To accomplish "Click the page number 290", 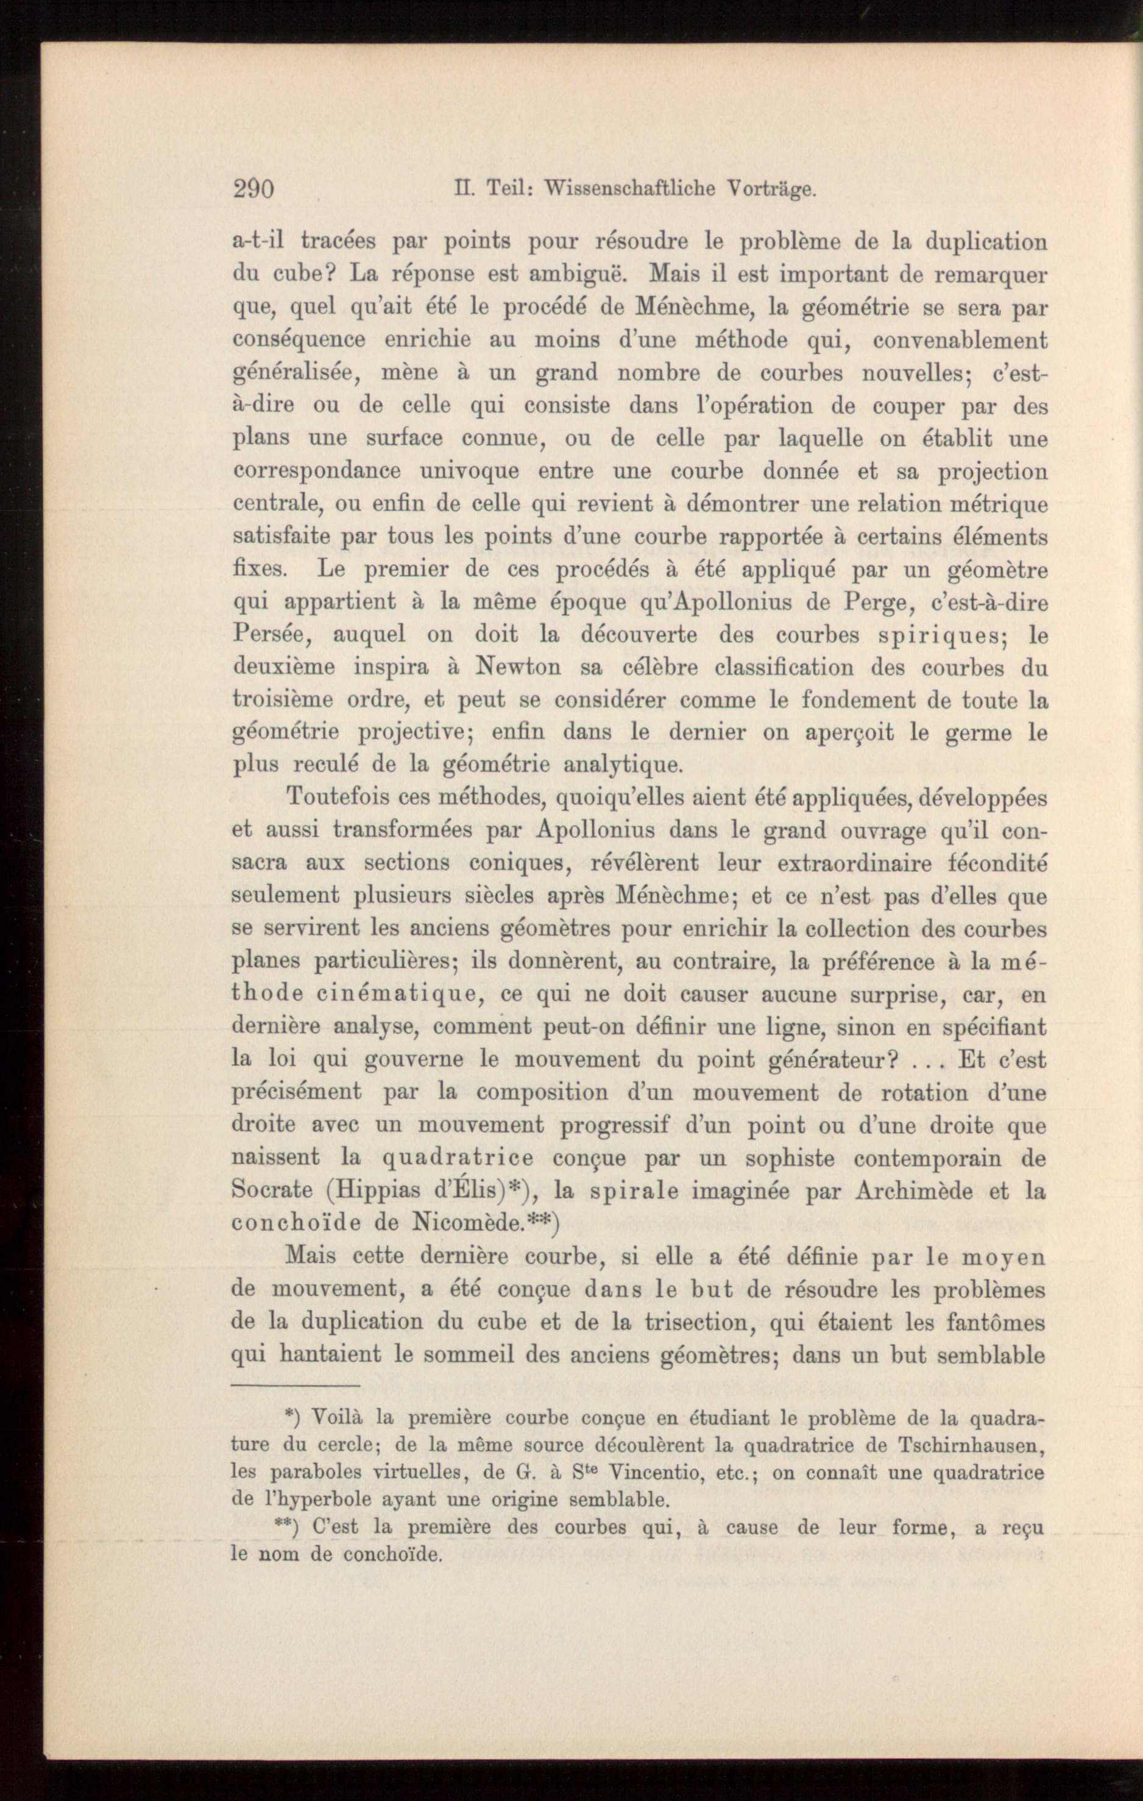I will (x=253, y=188).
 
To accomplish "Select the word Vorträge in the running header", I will (x=771, y=191).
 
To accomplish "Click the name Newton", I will (x=518, y=667).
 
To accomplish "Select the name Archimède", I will (x=896, y=1191).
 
